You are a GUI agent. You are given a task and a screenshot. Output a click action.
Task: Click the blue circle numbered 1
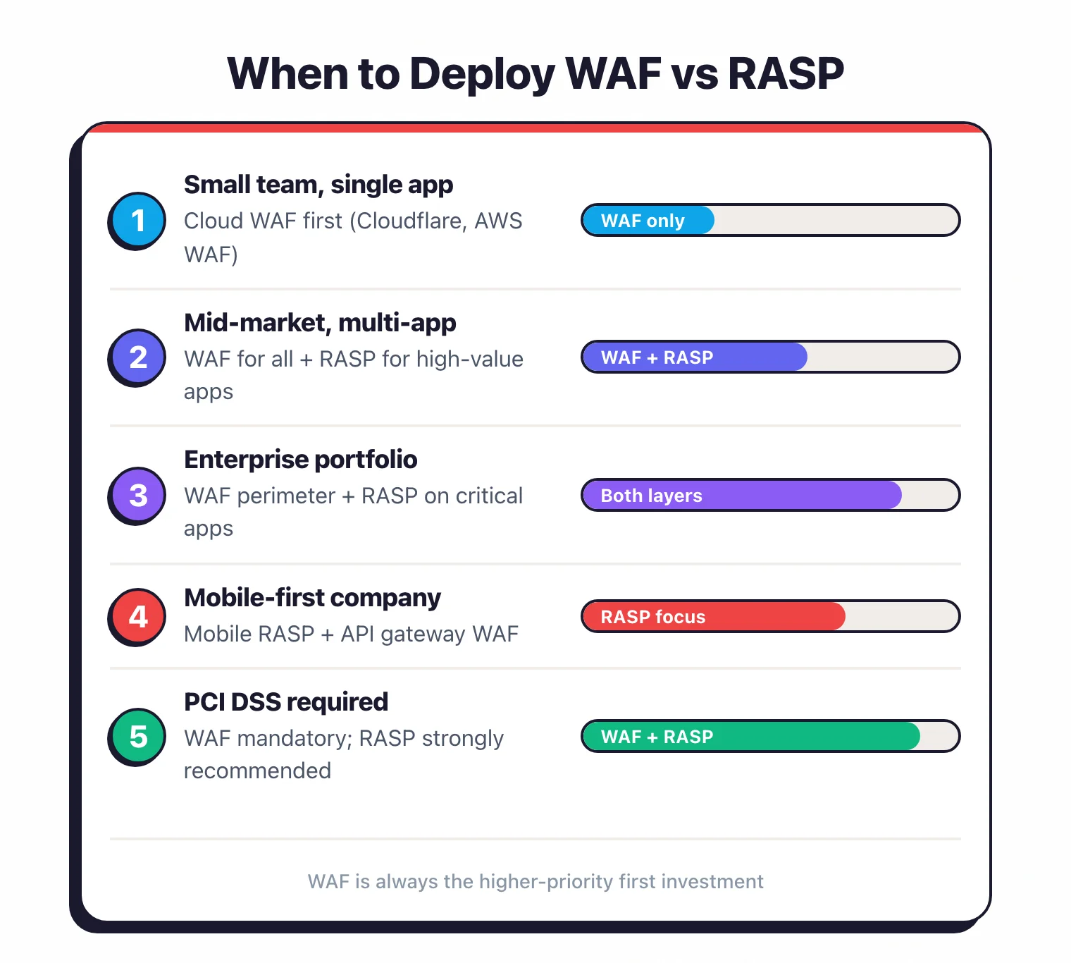[138, 220]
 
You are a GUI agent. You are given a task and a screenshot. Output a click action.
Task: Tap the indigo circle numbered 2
[138, 357]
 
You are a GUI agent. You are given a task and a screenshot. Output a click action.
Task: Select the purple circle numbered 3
[138, 495]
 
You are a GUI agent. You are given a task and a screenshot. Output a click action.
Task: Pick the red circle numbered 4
[138, 616]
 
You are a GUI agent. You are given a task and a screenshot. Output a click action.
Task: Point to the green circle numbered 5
[138, 736]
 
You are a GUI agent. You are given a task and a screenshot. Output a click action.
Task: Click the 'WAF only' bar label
[642, 221]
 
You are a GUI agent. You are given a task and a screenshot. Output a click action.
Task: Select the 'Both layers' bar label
[651, 496]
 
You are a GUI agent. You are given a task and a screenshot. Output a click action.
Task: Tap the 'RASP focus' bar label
[652, 617]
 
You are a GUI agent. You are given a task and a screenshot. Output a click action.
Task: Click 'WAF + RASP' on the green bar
[657, 737]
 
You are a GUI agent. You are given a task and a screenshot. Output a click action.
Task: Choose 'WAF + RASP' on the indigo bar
[657, 357]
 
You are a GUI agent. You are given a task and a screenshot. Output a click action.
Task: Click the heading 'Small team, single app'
[318, 185]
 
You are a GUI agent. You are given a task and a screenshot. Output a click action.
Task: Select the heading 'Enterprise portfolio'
[300, 460]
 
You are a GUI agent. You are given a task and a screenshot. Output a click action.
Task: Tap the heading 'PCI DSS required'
[285, 702]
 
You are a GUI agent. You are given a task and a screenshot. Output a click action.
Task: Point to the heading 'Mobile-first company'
[312, 598]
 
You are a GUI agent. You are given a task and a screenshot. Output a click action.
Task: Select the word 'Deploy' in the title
[482, 74]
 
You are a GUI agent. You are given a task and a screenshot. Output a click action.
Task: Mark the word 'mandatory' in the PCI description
[295, 738]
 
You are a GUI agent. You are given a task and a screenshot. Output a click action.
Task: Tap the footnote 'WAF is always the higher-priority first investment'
[535, 881]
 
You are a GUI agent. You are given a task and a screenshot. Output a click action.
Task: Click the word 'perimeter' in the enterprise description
[286, 496]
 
